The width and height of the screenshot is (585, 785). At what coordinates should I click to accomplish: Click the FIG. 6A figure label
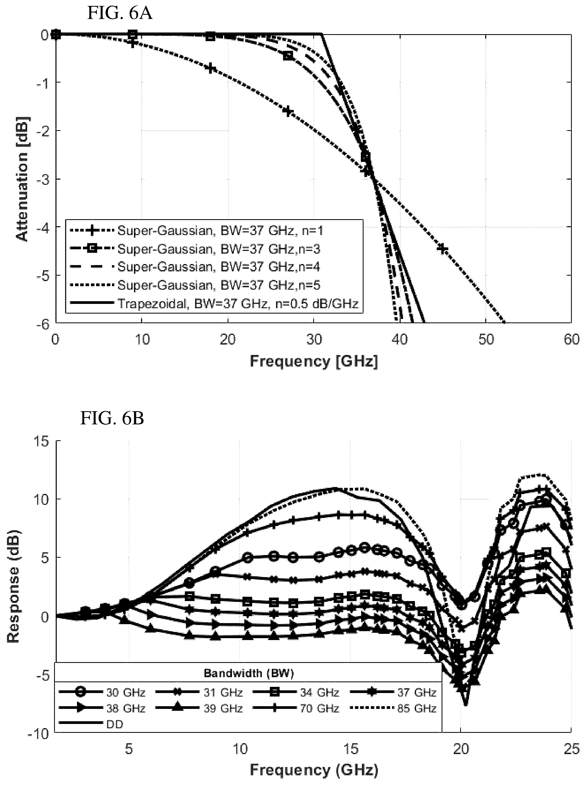coord(120,14)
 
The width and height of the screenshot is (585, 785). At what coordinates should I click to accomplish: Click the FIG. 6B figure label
coord(112,419)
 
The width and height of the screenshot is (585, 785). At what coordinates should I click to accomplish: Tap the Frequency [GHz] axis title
coord(314,361)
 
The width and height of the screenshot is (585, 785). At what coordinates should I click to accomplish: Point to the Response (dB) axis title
coord(13,586)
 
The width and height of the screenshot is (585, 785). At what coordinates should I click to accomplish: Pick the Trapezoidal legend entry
coord(214,304)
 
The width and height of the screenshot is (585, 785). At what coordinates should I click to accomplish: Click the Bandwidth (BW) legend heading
coord(249,673)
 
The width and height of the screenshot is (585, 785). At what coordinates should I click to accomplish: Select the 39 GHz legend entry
coord(199,709)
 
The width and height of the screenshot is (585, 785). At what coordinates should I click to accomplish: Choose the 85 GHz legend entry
coord(393,709)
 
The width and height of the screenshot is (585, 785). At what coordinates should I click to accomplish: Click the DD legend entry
coord(91,725)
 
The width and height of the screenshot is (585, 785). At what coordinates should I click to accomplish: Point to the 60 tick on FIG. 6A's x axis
coord(570,339)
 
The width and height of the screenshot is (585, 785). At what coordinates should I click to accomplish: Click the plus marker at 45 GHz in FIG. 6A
coord(442,248)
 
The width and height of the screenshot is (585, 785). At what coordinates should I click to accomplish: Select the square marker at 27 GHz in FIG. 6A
coord(288,56)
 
